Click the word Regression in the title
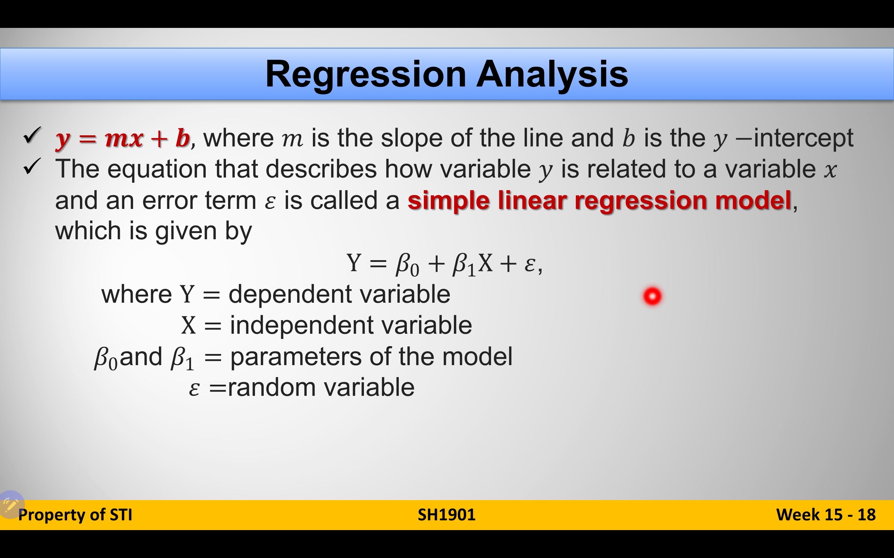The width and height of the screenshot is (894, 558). click(x=366, y=74)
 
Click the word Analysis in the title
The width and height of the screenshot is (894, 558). click(x=552, y=74)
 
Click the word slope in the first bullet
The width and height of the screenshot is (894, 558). click(x=411, y=138)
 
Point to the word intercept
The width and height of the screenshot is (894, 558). click(x=803, y=138)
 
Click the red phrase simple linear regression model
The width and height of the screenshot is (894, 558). click(x=599, y=201)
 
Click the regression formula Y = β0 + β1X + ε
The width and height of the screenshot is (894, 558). click(x=445, y=264)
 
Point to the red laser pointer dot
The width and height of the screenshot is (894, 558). click(x=652, y=296)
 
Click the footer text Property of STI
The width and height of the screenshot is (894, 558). click(x=75, y=515)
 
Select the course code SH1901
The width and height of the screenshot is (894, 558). click(x=447, y=515)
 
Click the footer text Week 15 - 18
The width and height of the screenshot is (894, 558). click(x=826, y=515)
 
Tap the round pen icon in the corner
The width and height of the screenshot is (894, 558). click(x=11, y=504)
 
